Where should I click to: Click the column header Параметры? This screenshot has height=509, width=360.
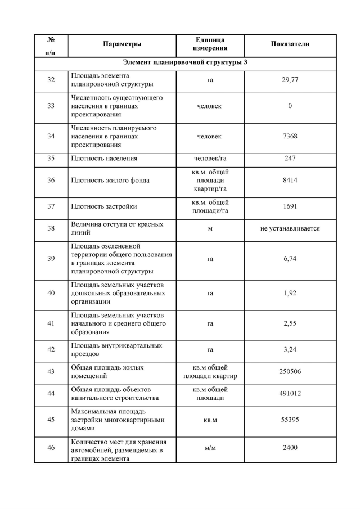click(x=122, y=44)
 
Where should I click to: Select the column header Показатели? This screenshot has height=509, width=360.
click(x=290, y=44)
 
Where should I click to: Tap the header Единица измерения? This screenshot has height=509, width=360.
click(x=210, y=44)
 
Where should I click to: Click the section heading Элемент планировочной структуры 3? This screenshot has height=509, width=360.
click(x=185, y=62)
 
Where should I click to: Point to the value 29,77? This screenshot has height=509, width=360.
click(x=290, y=80)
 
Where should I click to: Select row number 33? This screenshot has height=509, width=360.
click(x=51, y=106)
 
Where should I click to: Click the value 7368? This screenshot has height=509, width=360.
click(x=290, y=137)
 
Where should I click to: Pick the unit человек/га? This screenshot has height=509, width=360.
click(x=210, y=159)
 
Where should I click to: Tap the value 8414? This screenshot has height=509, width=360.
click(x=290, y=181)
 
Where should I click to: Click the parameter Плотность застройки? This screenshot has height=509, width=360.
click(x=104, y=206)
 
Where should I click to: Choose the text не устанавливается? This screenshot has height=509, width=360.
click(x=290, y=229)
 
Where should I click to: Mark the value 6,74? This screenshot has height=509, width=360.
click(x=290, y=260)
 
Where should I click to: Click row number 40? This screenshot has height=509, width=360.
click(x=51, y=294)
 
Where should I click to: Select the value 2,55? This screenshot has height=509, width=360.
click(x=290, y=324)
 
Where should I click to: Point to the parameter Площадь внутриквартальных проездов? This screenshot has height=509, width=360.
click(x=116, y=350)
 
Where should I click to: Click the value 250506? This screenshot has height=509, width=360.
click(x=290, y=372)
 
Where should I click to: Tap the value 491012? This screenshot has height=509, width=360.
click(x=290, y=394)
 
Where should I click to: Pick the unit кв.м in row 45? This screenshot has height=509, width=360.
click(x=210, y=420)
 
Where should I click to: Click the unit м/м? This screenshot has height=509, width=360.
click(x=210, y=448)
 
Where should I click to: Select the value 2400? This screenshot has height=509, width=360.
click(x=290, y=448)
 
